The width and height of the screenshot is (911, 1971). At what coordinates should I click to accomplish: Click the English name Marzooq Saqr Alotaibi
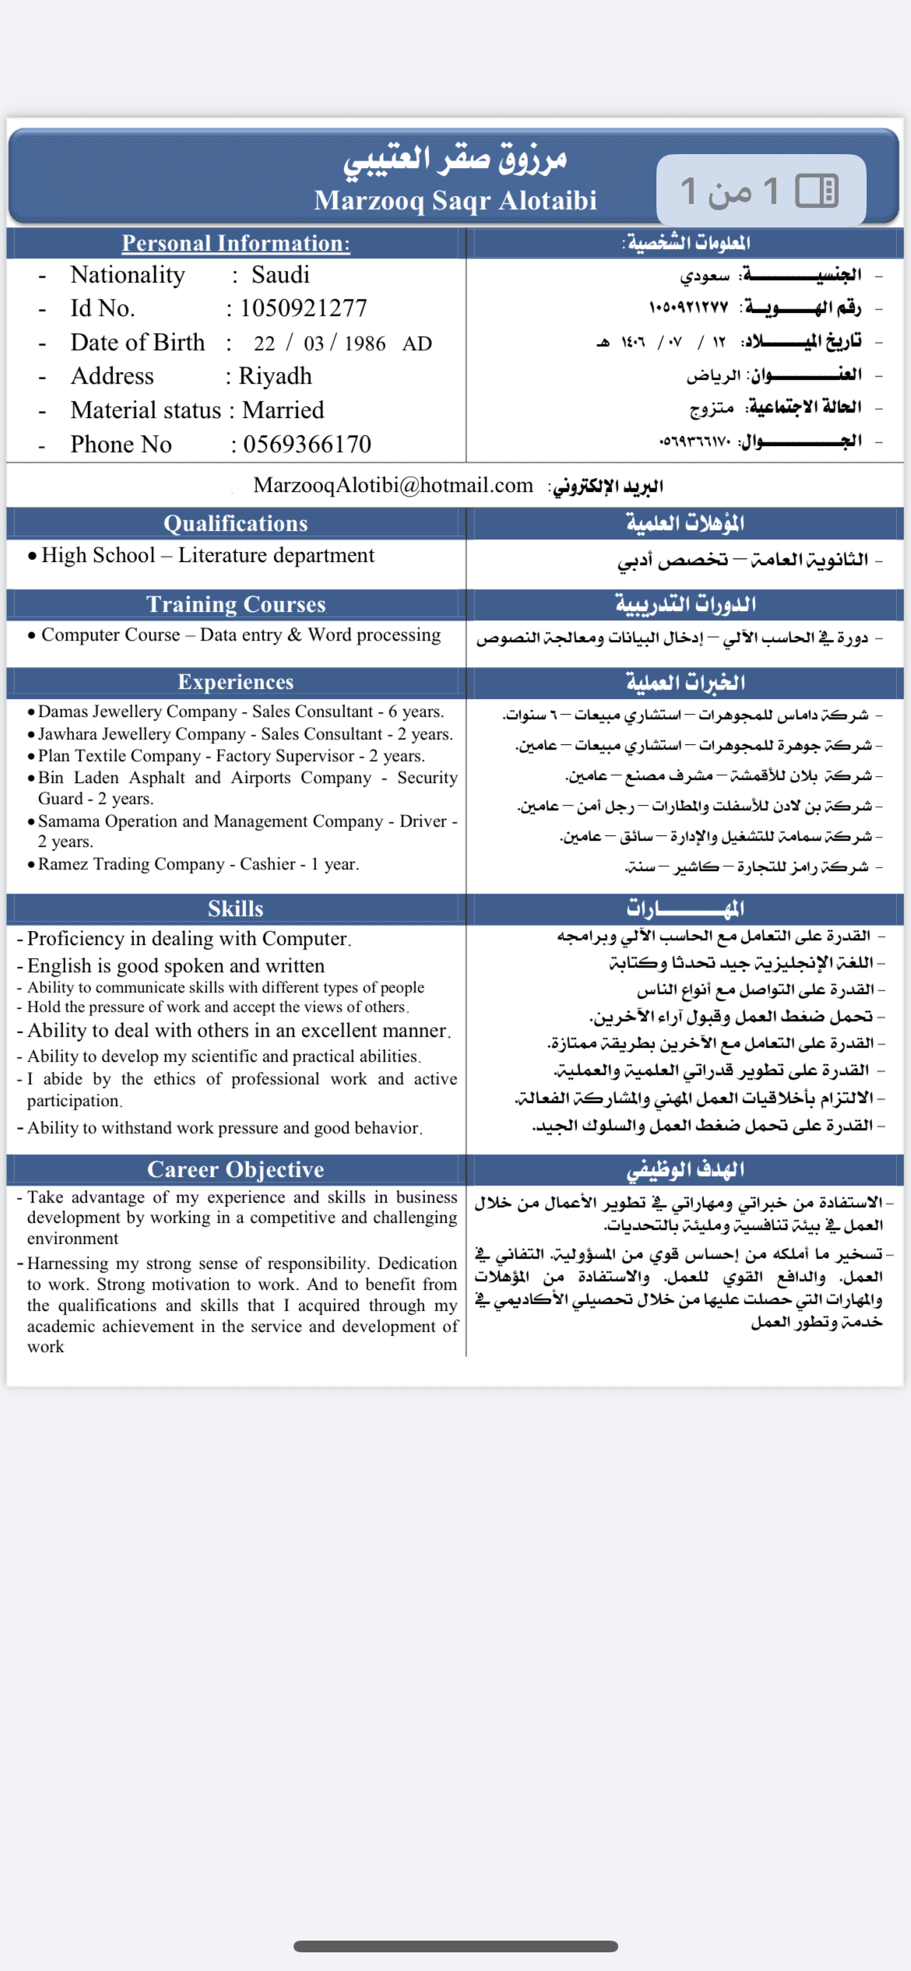[x=455, y=200]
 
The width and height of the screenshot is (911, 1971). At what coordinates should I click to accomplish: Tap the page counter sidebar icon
[x=816, y=191]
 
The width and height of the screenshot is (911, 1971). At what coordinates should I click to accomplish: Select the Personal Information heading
[x=236, y=243]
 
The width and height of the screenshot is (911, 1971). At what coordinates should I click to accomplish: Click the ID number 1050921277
[x=304, y=308]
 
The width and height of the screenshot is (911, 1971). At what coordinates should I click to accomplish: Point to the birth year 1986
[x=364, y=343]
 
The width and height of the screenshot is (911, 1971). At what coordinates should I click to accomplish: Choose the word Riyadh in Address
[x=275, y=376]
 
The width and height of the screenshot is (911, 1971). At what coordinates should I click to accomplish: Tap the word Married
[x=283, y=410]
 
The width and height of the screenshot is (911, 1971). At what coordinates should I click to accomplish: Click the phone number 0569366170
[x=307, y=444]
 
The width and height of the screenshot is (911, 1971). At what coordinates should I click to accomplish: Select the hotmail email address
[x=393, y=486]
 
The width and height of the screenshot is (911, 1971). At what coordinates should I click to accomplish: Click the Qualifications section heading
[x=236, y=523]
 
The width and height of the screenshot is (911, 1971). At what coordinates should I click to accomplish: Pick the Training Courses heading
[x=236, y=604]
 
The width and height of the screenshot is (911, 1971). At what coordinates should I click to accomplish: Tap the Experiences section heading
[x=236, y=682]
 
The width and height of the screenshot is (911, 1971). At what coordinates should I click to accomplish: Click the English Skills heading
[x=236, y=908]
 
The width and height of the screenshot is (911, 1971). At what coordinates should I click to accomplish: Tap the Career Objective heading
[x=236, y=1169]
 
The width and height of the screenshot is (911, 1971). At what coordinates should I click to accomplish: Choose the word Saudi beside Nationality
[x=280, y=275]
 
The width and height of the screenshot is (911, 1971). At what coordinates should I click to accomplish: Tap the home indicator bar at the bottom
[x=455, y=1946]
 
